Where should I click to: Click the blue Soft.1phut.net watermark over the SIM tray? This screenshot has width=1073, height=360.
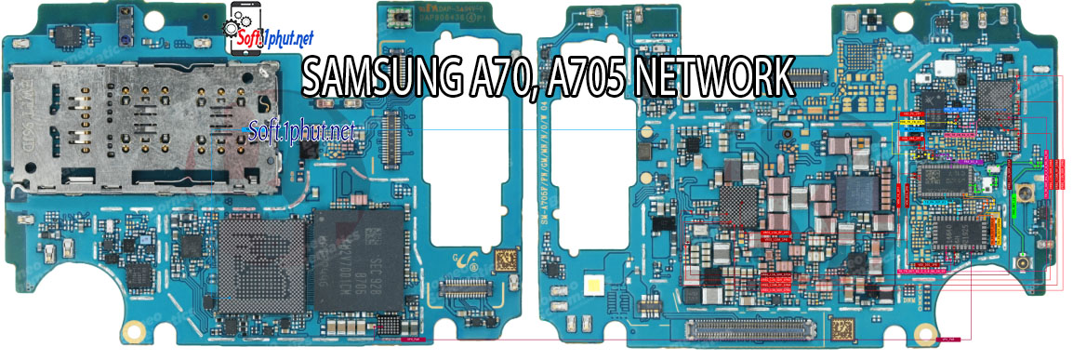pos(302,133)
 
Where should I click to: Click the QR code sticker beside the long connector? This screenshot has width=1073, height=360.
pos(844,330)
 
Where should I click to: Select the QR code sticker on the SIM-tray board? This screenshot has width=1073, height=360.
pos(505,260)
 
